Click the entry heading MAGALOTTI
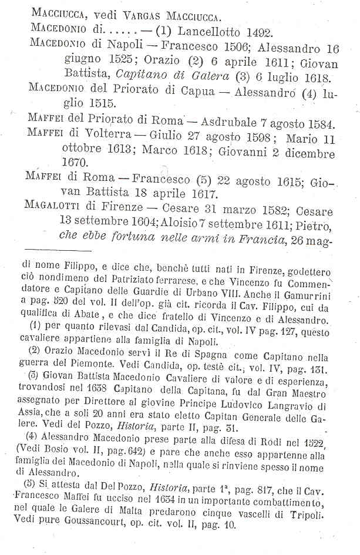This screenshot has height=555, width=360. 55,211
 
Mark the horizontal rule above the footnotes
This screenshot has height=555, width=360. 55,251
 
